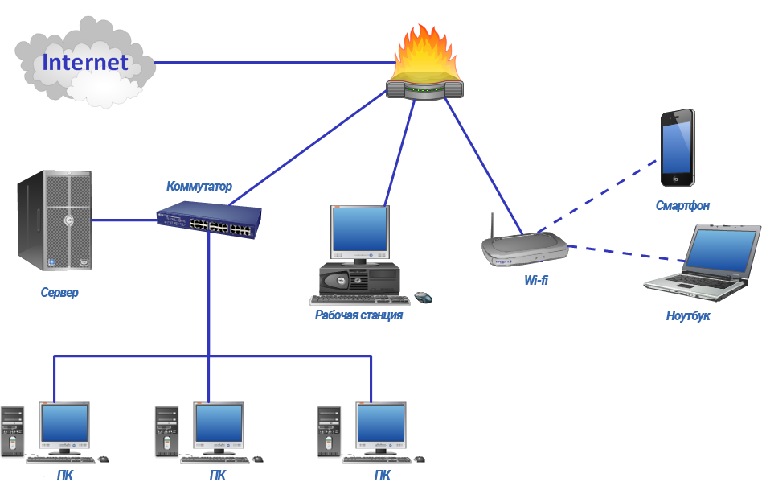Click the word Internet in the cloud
[85, 62]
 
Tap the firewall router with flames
[424, 68]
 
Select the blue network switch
[210, 220]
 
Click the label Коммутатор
[199, 187]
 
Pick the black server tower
[55, 222]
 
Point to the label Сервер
[60, 293]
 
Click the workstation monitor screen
[360, 231]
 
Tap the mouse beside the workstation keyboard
[424, 298]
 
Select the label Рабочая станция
[358, 315]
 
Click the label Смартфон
[682, 206]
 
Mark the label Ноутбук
[688, 316]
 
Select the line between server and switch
[125, 218]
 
